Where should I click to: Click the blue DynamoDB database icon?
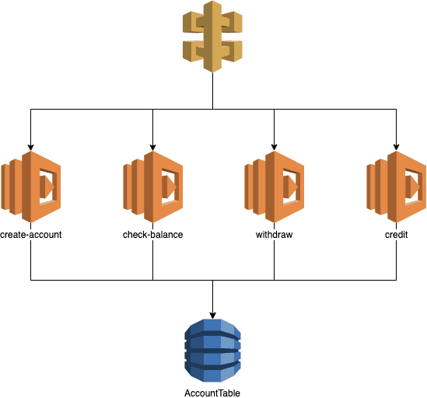212,351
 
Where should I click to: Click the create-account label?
30,234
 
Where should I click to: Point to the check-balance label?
152,234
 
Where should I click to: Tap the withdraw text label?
275,234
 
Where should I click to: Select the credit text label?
397,234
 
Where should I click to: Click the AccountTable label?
212,393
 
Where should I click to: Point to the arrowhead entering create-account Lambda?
30,145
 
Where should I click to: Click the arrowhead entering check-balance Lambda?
152,145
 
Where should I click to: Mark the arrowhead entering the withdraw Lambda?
275,145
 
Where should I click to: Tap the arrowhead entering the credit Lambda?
397,145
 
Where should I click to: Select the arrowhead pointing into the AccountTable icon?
212,313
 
